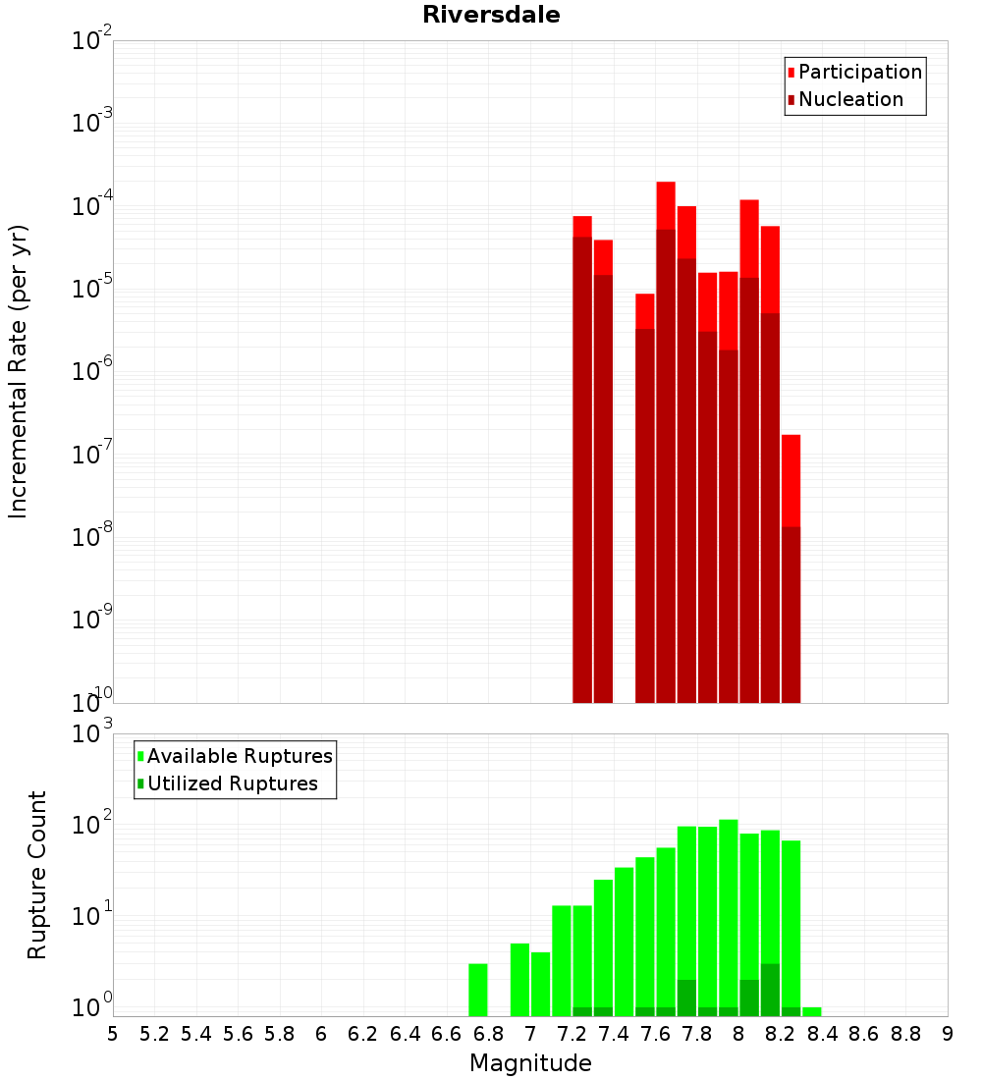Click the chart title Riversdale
[491, 16]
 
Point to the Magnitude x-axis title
[530, 1063]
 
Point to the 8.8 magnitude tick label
[906, 1034]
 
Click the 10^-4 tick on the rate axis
[93, 206]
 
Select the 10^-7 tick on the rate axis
[93, 455]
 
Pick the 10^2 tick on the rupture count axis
[93, 823]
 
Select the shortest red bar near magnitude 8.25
[791, 481]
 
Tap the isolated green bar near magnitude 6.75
[478, 990]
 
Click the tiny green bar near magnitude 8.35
[812, 1011]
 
